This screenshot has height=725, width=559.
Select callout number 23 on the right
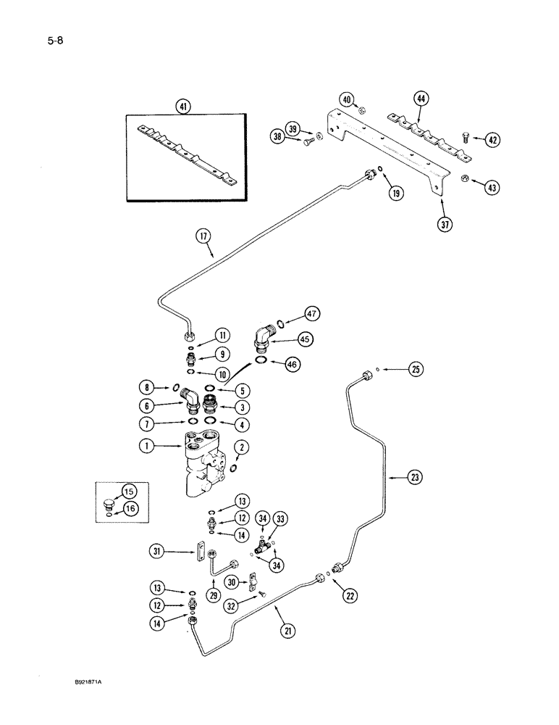pyautogui.click(x=414, y=477)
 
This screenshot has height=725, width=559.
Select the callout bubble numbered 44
pyautogui.click(x=421, y=98)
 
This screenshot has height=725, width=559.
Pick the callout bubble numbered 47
pyautogui.click(x=312, y=314)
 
